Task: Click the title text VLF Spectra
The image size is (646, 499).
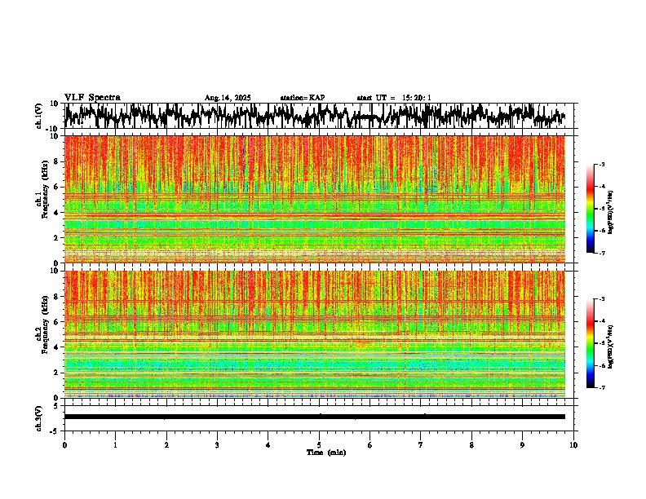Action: point(92,97)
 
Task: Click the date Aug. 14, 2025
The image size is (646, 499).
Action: point(228,98)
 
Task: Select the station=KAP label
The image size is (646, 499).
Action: point(302,98)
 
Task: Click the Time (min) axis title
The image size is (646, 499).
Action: point(325,452)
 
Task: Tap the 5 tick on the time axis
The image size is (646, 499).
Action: point(319,444)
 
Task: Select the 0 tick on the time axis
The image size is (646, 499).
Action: point(64,444)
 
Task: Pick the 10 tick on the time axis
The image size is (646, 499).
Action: point(573,444)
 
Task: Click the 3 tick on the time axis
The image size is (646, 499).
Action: point(217,444)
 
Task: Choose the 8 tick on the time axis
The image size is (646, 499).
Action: point(471,444)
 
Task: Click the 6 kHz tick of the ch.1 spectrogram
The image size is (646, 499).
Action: point(56,187)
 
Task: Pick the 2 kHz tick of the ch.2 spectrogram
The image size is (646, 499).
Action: point(56,373)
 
